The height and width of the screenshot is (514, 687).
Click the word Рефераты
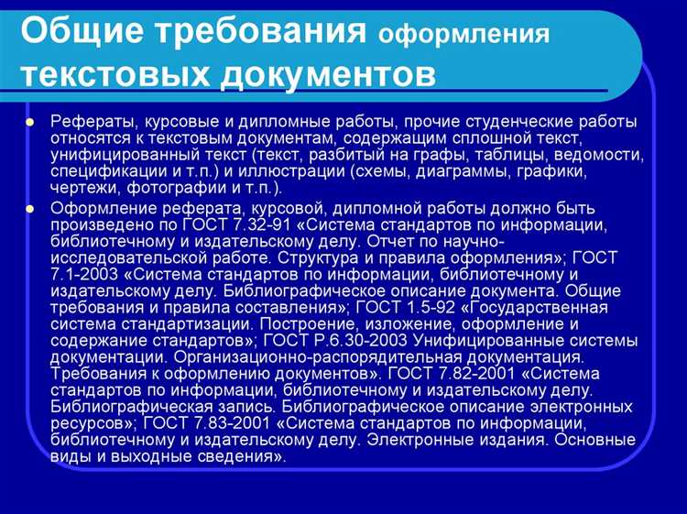click(x=91, y=121)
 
